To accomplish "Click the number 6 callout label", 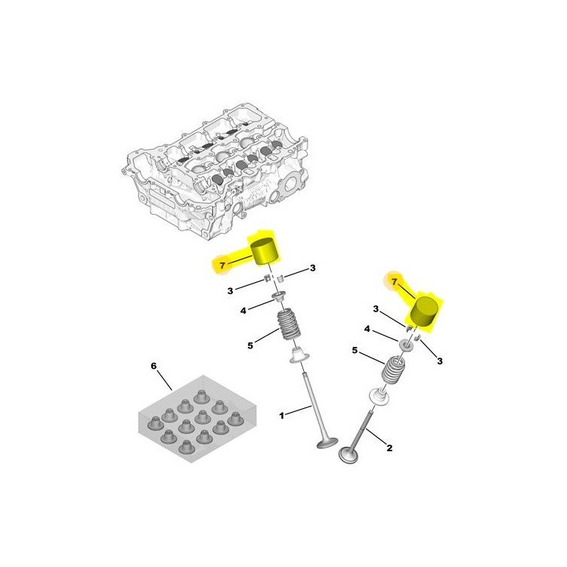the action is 153,367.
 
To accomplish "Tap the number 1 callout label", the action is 281,416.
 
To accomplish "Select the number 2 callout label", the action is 389,448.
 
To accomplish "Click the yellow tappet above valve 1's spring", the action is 266,252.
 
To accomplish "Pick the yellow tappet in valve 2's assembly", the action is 426,312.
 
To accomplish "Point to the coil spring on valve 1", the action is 289,324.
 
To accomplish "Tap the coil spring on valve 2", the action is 393,370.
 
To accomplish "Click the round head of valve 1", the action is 327,443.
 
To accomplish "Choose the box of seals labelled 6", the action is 197,419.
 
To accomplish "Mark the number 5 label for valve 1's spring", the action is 250,345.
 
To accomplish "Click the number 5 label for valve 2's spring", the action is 355,350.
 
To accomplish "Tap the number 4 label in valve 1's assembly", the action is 243,311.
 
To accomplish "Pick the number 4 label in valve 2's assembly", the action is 367,329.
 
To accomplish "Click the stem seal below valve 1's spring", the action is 300,355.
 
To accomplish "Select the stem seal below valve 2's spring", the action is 379,395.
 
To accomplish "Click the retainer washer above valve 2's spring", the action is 406,344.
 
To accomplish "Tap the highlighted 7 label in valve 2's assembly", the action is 394,282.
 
